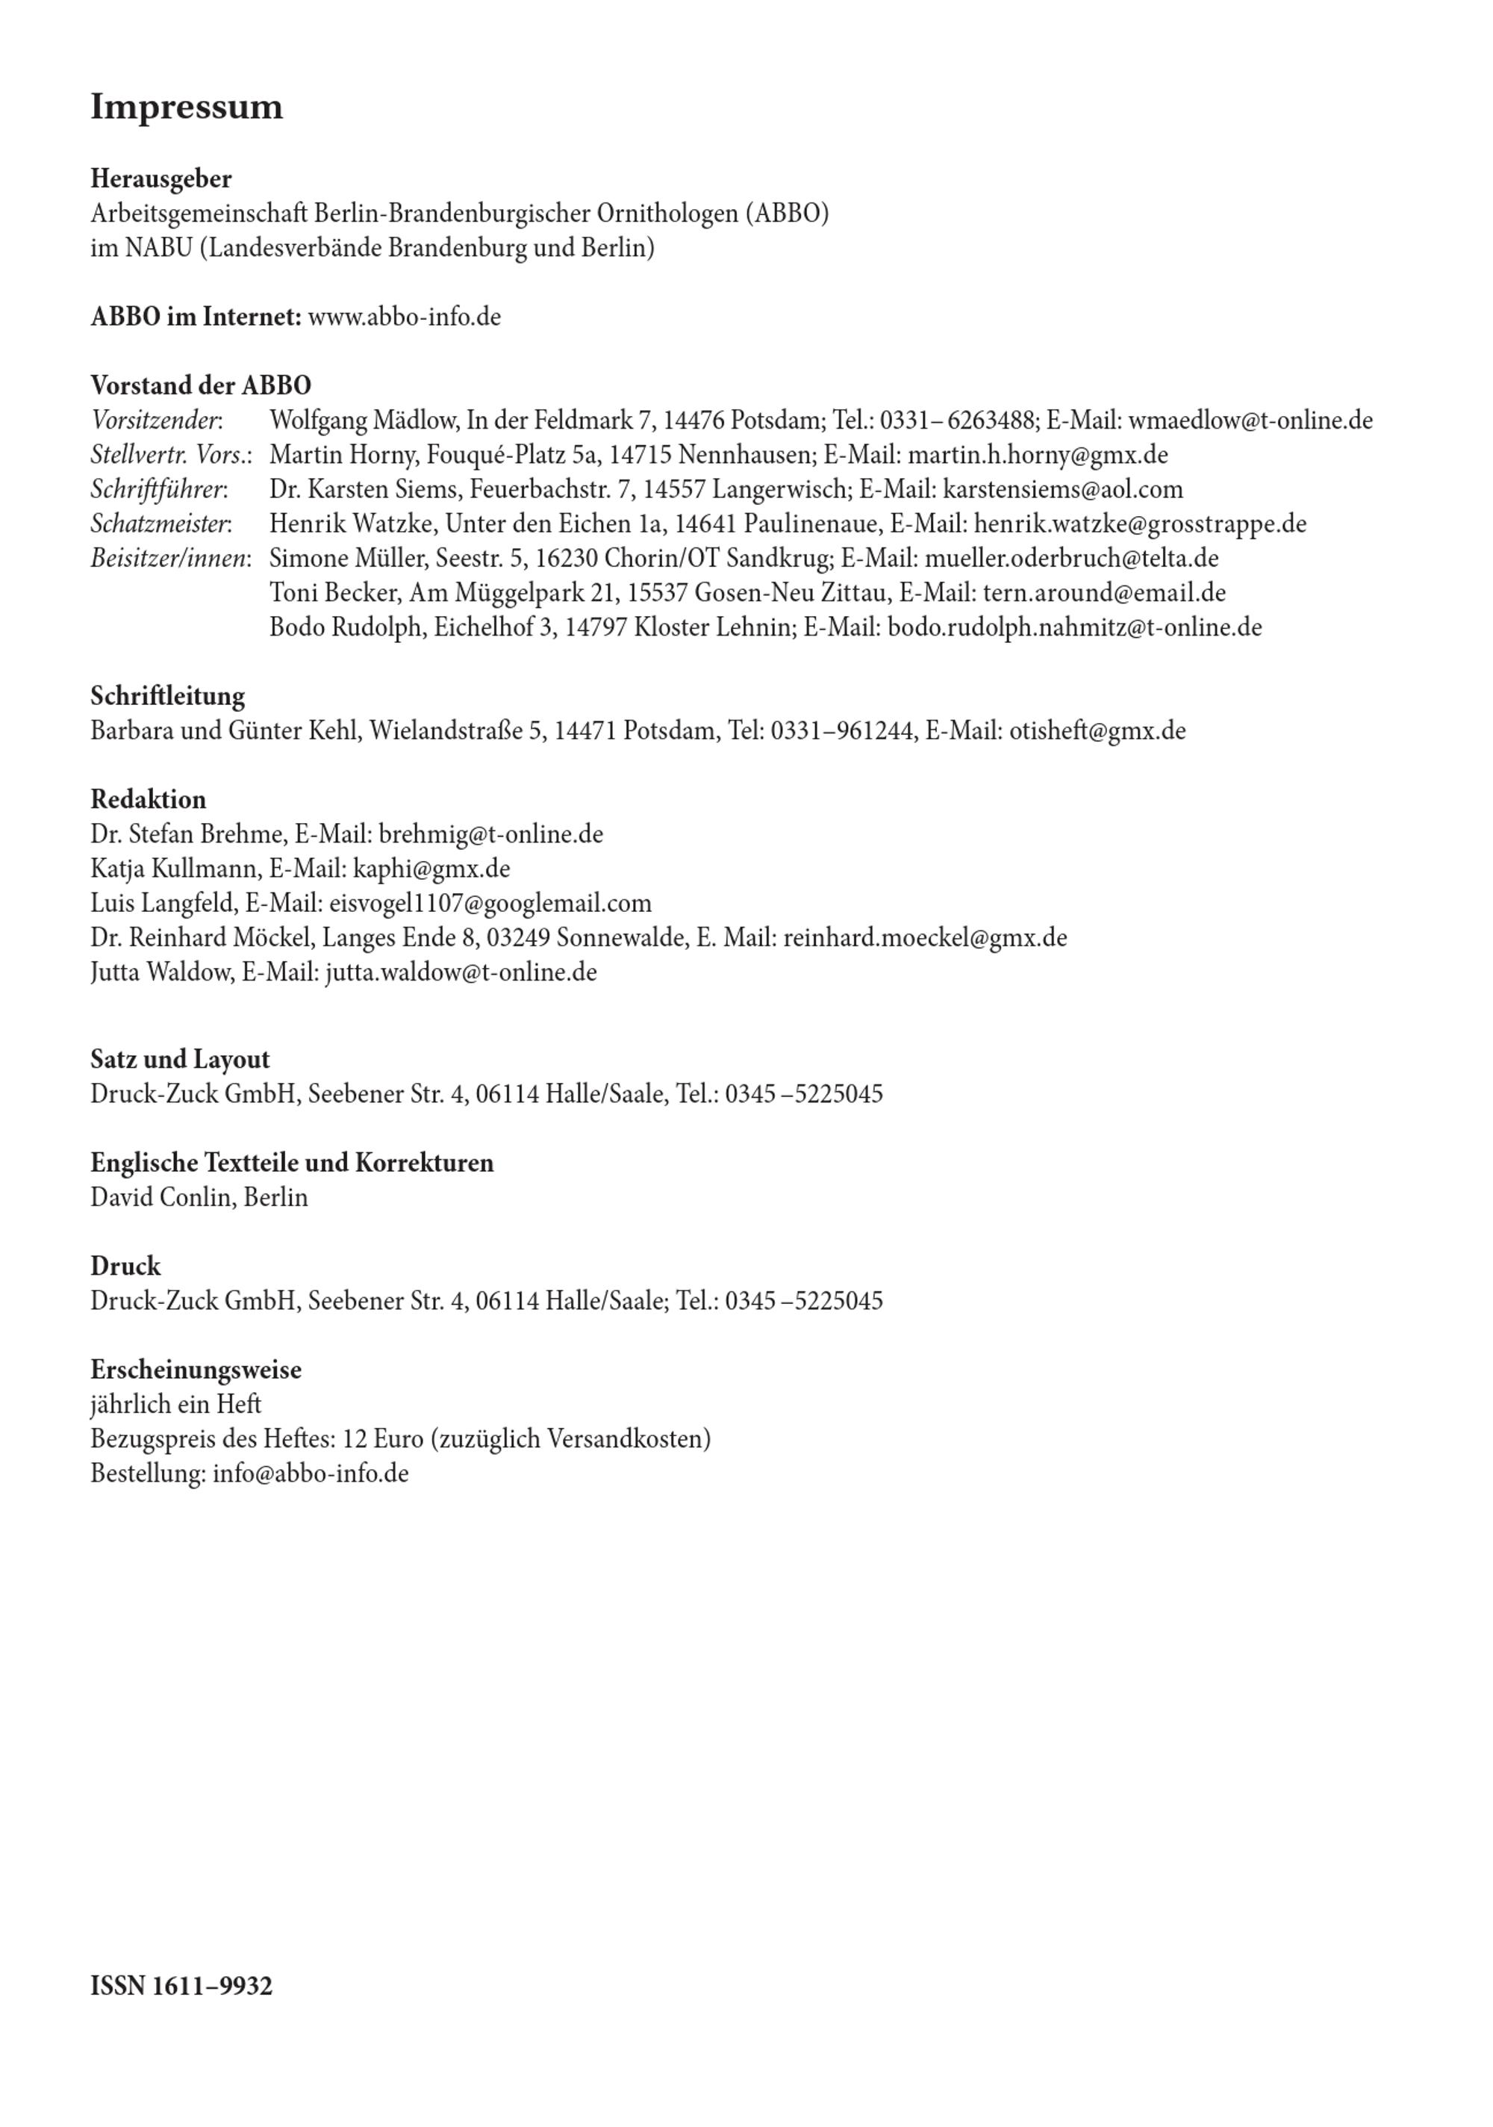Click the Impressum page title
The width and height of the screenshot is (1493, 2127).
186,108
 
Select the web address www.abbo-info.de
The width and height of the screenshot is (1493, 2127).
404,317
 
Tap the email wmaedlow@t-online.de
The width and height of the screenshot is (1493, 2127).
1250,420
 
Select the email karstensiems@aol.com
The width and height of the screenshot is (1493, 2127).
1062,489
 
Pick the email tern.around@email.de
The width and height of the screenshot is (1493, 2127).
1104,593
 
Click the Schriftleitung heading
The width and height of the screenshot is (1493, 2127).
168,696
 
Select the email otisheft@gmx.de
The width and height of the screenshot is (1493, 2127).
1097,731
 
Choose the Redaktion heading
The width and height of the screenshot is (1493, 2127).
149,799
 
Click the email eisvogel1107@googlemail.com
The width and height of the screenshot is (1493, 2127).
490,903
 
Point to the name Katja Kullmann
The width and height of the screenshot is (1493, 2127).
174,869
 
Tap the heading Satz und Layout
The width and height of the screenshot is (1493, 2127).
180,1059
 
